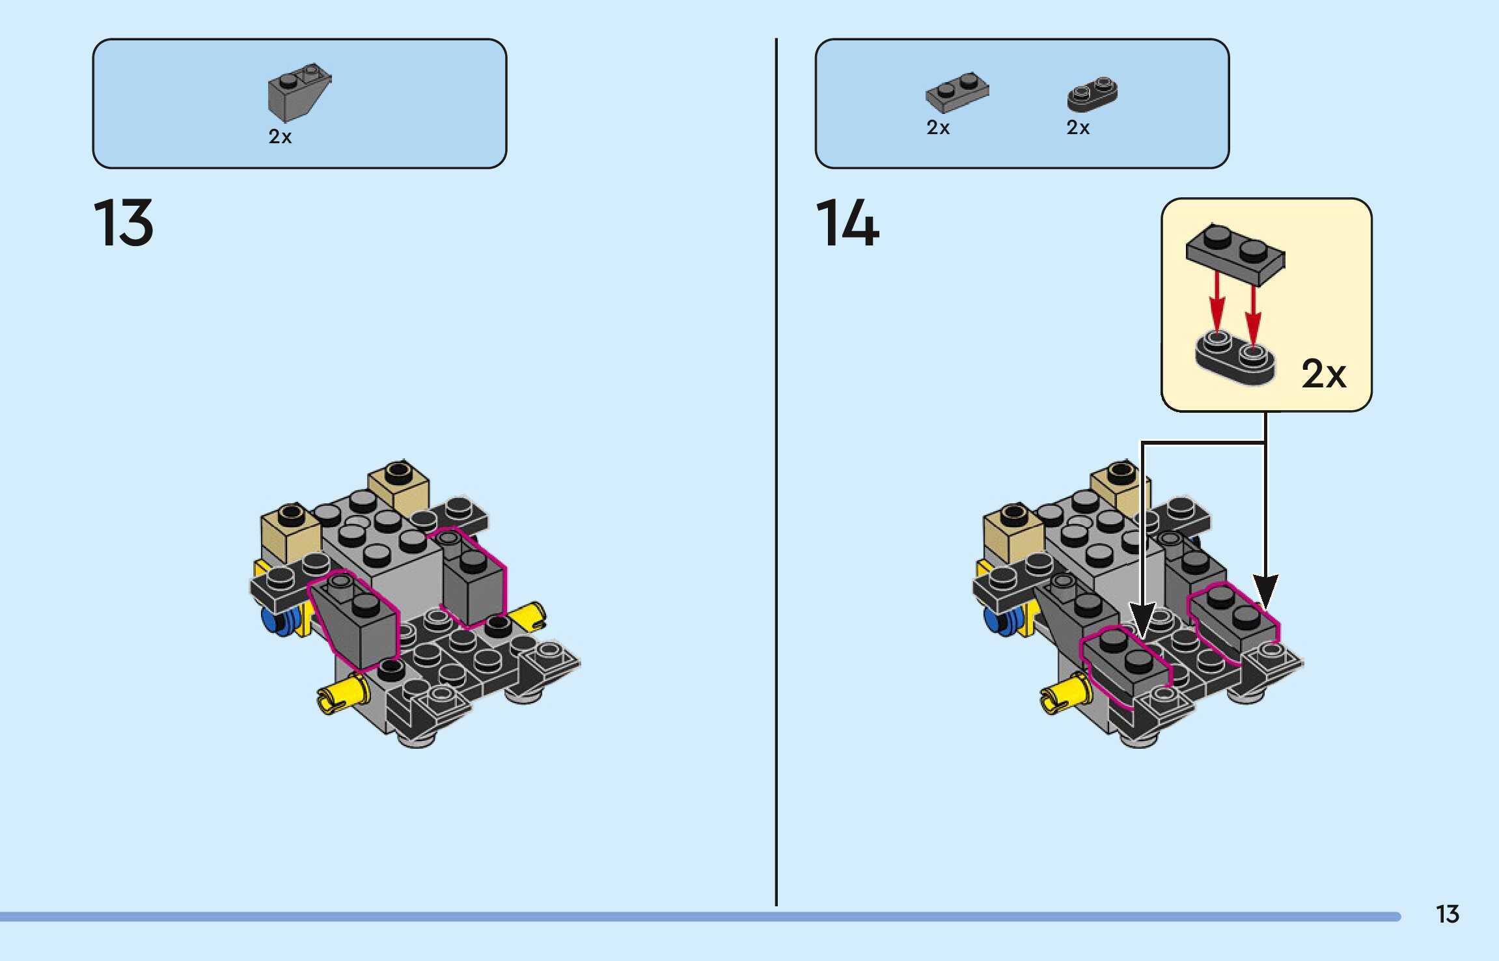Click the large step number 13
pyautogui.click(x=123, y=223)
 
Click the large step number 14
pyautogui.click(x=847, y=223)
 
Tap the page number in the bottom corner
pyautogui.click(x=1447, y=914)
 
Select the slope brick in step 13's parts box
pyautogui.click(x=298, y=92)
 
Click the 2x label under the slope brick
pyautogui.click(x=280, y=137)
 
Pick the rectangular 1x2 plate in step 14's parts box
pyautogui.click(x=957, y=92)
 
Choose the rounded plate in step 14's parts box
pyautogui.click(x=1092, y=94)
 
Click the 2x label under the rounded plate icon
pyautogui.click(x=1077, y=128)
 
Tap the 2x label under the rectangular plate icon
pyautogui.click(x=937, y=128)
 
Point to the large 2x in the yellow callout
pyautogui.click(x=1323, y=374)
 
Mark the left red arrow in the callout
pyautogui.click(x=1217, y=303)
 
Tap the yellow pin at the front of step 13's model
pyautogui.click(x=342, y=694)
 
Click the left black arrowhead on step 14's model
pyautogui.click(x=1142, y=619)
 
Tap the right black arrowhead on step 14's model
pyautogui.click(x=1265, y=590)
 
